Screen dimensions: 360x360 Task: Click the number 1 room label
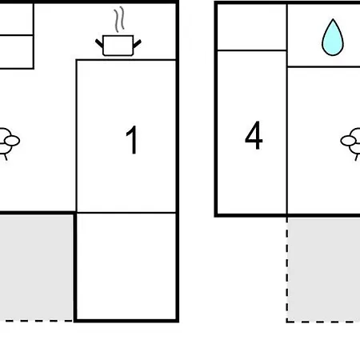coord(132,140)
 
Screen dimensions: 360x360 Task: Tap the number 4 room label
coord(254,135)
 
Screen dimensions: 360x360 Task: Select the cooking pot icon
coord(118,46)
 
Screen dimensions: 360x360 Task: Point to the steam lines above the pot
coord(119,19)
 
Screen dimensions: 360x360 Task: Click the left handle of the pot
coord(99,43)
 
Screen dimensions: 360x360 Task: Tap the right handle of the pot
coord(137,44)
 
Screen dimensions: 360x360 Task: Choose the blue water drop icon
coord(333,38)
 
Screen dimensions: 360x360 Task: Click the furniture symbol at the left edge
coord(9,142)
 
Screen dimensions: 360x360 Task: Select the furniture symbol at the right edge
coord(350,143)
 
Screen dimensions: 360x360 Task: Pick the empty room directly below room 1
coord(126,266)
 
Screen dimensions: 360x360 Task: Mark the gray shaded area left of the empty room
coord(36,267)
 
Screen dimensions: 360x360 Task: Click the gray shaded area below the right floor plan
coord(324,270)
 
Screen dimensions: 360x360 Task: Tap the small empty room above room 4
coord(252,27)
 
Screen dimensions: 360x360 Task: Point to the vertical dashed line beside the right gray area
coord(287,270)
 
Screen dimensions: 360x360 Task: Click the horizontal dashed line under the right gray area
coord(323,322)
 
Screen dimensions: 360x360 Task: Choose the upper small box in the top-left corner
coord(16,19)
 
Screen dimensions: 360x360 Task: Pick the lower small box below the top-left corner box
coord(16,52)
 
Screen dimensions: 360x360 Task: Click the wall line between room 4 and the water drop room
coord(287,110)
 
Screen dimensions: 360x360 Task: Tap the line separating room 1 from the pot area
coord(126,60)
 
